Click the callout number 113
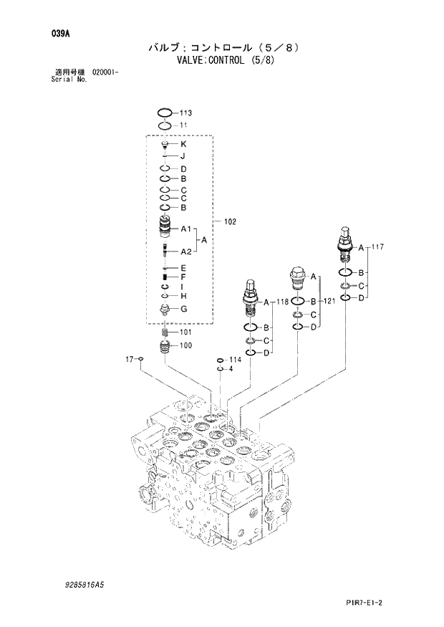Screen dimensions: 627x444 pyautogui.click(x=185, y=113)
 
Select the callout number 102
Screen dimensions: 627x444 pyautogui.click(x=230, y=222)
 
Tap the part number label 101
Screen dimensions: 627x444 pyautogui.click(x=185, y=332)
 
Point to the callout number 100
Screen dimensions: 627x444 pyautogui.click(x=185, y=346)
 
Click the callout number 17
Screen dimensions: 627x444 pyautogui.click(x=130, y=358)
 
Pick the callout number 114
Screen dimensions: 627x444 pyautogui.click(x=235, y=360)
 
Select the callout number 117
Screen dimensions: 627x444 pyautogui.click(x=378, y=247)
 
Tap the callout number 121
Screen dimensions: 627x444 pyautogui.click(x=329, y=302)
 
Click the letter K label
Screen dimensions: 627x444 pyautogui.click(x=183, y=144)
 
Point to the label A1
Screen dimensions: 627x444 pyautogui.click(x=185, y=229)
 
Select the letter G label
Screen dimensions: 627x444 pyautogui.click(x=183, y=309)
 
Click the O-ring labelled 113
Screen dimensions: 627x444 pyautogui.click(x=165, y=113)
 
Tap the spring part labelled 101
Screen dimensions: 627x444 pyautogui.click(x=165, y=333)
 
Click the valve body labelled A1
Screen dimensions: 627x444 pyautogui.click(x=165, y=229)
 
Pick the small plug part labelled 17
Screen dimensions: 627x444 pyautogui.click(x=141, y=359)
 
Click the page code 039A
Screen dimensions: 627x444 pyautogui.click(x=51, y=33)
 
